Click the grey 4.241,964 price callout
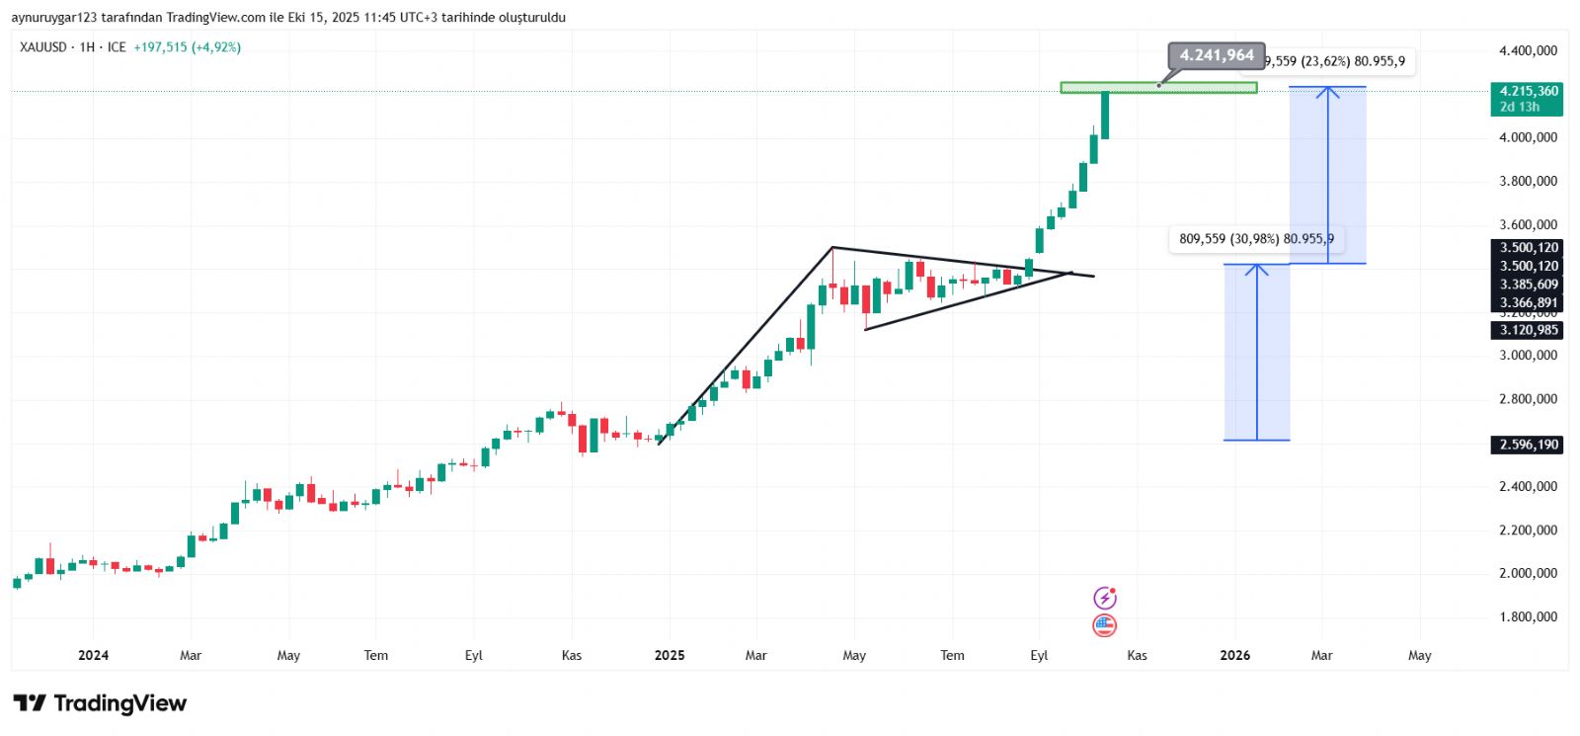pos(1217,55)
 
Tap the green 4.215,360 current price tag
pos(1527,98)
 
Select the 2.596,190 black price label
pos(1529,445)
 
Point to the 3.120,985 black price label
pos(1529,330)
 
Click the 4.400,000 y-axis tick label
pos(1528,50)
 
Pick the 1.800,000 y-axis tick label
pos(1528,616)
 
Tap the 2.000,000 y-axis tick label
pos(1528,573)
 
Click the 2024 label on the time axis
pos(93,655)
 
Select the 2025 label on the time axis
pos(669,655)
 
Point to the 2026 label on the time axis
pos(1234,655)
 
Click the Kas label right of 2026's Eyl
pos(1137,655)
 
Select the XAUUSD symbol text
pos(43,47)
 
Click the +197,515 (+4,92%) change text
pos(188,47)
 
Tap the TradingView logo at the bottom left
pos(100,703)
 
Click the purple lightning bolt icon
pos(1104,598)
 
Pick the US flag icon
pos(1104,624)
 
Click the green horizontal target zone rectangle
pos(1158,88)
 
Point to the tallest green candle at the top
pos(1105,115)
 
